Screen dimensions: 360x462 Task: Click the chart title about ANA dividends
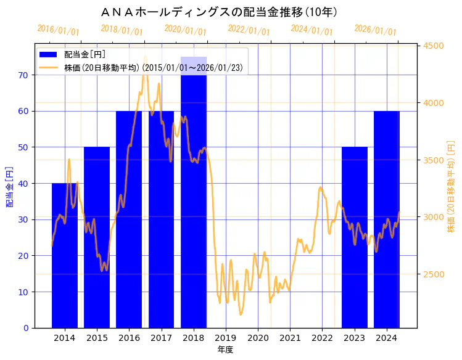[x=218, y=12]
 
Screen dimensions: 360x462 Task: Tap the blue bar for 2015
[x=97, y=247]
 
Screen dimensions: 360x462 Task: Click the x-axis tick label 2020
[x=258, y=337]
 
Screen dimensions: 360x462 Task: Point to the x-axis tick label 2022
[x=322, y=337]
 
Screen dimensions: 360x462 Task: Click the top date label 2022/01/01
[x=249, y=30]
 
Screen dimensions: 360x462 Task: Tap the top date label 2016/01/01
[x=58, y=30]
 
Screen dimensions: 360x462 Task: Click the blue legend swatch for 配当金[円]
[x=49, y=54]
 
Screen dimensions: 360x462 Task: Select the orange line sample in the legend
[x=49, y=67]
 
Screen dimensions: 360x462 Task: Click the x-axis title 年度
[x=225, y=350]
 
